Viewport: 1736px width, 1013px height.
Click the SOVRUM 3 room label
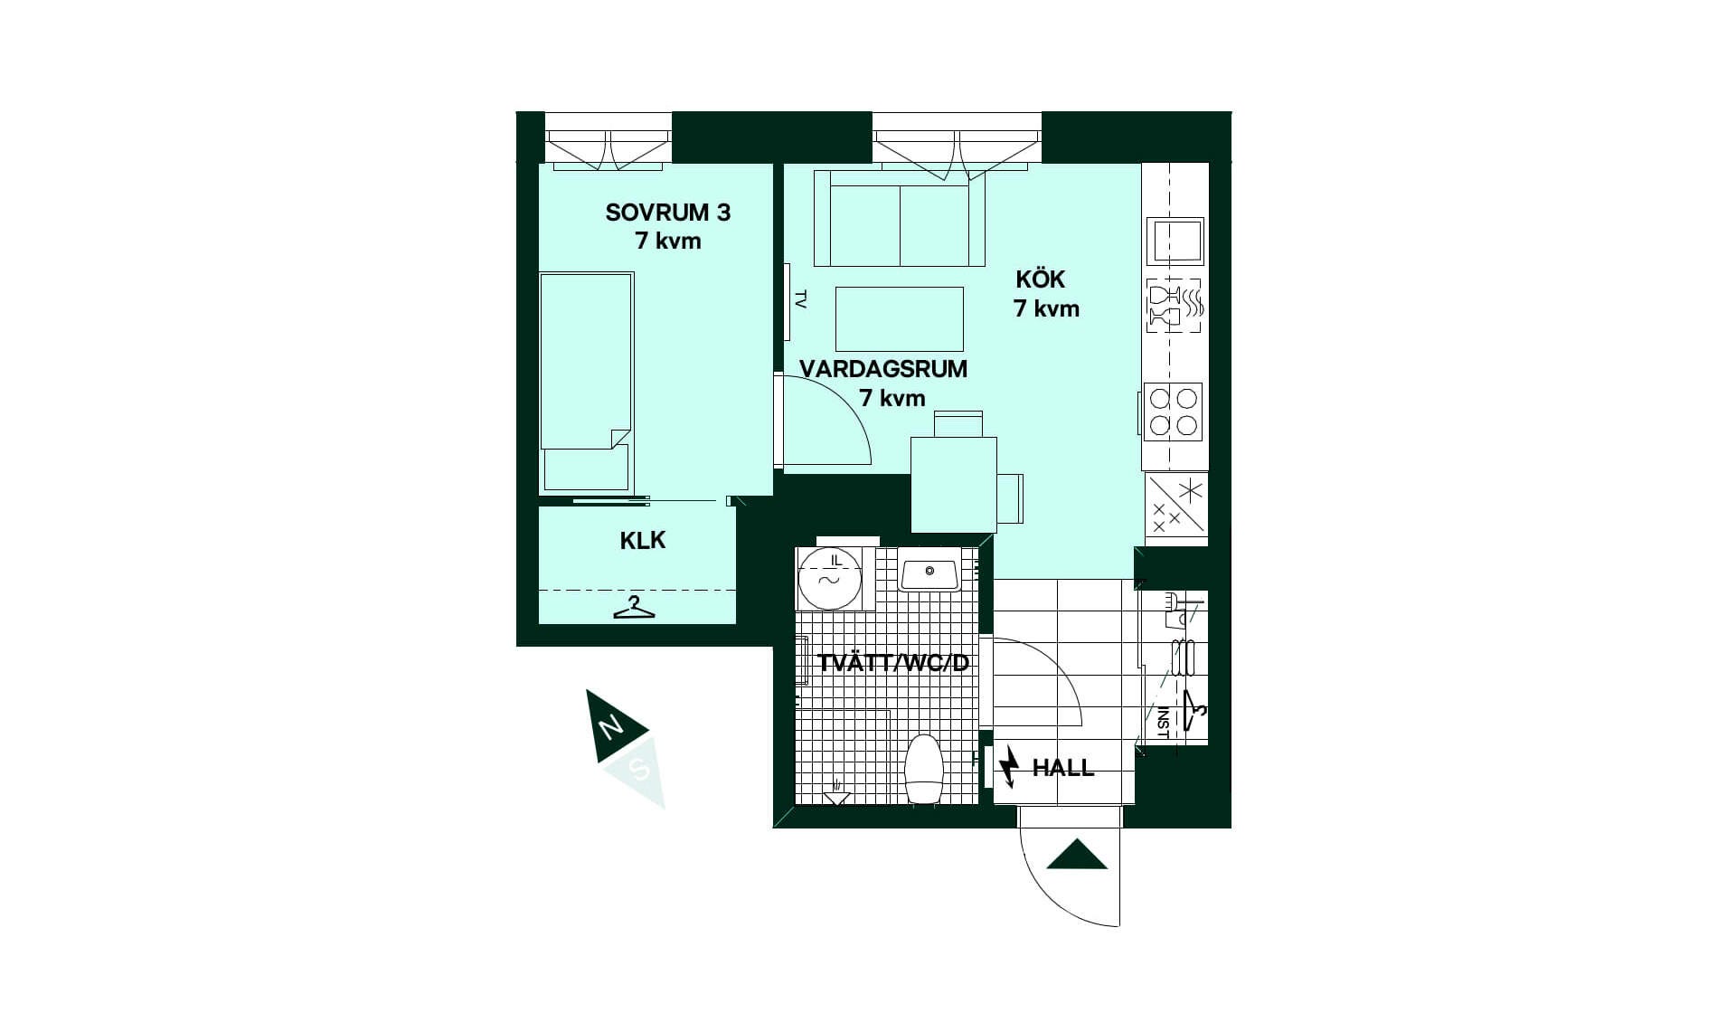point(668,213)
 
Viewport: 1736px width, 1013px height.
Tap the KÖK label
point(1040,279)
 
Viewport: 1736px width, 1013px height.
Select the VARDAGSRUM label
point(883,369)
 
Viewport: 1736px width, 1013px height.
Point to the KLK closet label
point(643,540)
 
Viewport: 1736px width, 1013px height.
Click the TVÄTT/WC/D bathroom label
point(892,663)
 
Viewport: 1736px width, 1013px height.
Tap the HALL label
point(1063,768)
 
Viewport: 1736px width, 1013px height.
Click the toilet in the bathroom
point(924,769)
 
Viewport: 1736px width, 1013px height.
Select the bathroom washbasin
point(929,573)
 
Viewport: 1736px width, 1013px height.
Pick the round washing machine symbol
point(828,579)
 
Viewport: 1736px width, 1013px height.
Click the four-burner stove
point(1173,412)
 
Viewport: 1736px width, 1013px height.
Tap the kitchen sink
point(1175,241)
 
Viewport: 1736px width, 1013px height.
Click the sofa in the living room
point(900,218)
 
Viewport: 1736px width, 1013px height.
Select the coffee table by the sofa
point(900,318)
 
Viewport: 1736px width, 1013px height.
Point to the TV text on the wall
point(800,299)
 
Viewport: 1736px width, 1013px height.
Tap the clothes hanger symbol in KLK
point(634,608)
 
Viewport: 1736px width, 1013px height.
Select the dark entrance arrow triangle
point(1077,856)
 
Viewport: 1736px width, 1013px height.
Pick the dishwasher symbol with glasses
point(1175,306)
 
